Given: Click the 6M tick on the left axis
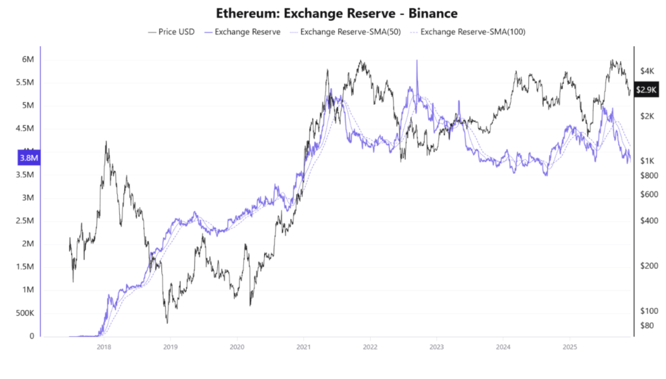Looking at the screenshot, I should [x=28, y=59].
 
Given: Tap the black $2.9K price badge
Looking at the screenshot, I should [x=647, y=90].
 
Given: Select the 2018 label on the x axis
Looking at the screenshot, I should [x=103, y=347].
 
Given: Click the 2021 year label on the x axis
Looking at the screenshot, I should [x=303, y=347].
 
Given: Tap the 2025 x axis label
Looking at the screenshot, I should [x=570, y=347].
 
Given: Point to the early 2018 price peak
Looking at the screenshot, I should [x=106, y=142].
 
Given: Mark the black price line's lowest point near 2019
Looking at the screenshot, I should [x=167, y=322].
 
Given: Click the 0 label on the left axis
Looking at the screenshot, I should [x=31, y=336].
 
